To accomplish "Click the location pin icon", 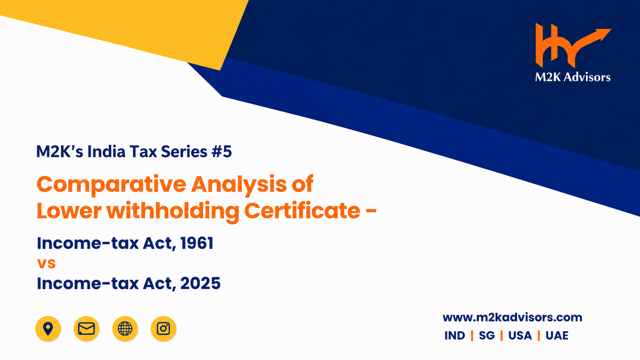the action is click(48, 329).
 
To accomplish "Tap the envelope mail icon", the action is click(86, 329).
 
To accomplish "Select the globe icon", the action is click(125, 329).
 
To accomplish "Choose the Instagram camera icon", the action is click(163, 329).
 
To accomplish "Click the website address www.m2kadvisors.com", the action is click(512, 318).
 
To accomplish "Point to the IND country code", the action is click(455, 336).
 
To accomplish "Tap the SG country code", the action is click(487, 336).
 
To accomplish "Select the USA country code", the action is click(520, 336).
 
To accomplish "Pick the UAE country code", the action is click(557, 336).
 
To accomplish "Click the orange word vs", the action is click(46, 263).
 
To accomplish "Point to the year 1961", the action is click(197, 243).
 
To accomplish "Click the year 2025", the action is click(201, 283).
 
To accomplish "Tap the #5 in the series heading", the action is click(222, 151).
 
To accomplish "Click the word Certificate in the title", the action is click(302, 211).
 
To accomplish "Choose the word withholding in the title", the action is click(173, 212).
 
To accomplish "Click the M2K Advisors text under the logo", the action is click(573, 77).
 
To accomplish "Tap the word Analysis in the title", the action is click(239, 185).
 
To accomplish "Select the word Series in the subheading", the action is click(184, 151).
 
